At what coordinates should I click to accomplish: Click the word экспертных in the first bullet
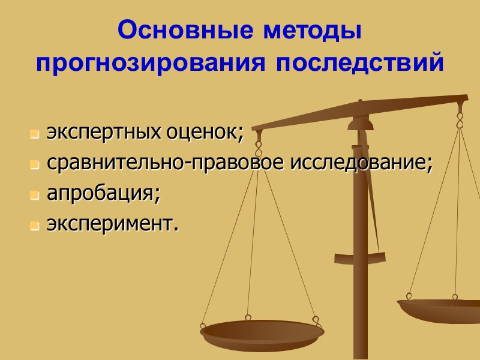[100, 133]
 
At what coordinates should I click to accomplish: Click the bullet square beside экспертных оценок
[34, 134]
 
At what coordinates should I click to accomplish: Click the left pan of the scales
[262, 333]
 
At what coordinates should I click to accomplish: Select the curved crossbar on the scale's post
[360, 258]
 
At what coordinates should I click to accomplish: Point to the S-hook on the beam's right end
[460, 119]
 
